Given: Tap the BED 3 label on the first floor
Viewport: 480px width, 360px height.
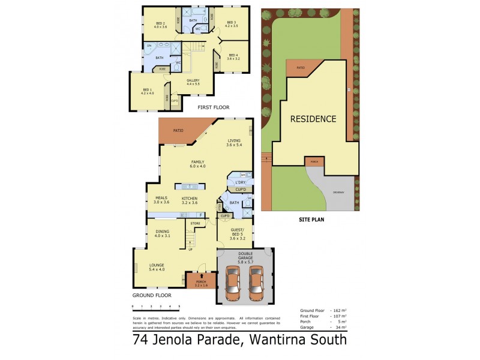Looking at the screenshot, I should [x=232, y=25].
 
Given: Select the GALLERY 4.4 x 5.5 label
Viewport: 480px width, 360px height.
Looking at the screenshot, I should [x=193, y=82].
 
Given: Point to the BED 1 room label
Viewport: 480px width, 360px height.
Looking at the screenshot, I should [x=147, y=91].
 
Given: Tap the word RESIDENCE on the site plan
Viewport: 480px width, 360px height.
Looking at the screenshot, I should [x=313, y=119].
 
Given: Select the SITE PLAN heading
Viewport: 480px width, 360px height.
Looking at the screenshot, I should [x=311, y=220].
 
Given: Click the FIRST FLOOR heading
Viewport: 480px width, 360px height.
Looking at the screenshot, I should [x=214, y=107].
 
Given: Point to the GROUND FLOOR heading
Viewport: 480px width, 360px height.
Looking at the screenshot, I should [x=152, y=295].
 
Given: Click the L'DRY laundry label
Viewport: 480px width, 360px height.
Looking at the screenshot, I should [x=241, y=182].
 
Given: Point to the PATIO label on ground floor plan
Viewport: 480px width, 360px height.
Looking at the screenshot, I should [x=178, y=130].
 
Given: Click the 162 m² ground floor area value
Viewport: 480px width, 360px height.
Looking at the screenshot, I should [x=339, y=310].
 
